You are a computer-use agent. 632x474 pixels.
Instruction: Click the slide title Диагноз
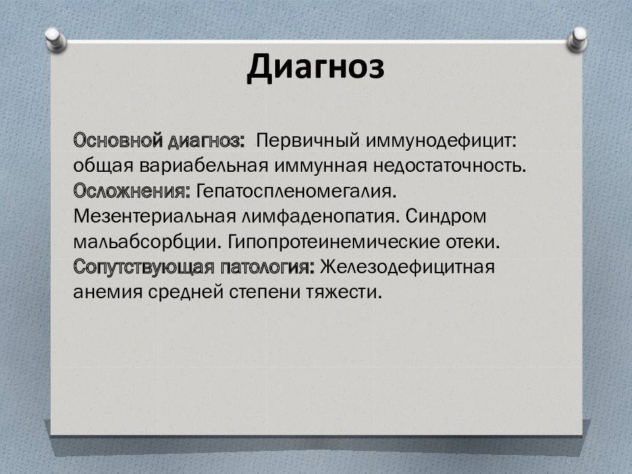pyautogui.click(x=315, y=67)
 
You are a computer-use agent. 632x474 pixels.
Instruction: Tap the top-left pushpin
pyautogui.click(x=55, y=39)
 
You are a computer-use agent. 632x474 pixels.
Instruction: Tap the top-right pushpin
pyautogui.click(x=577, y=39)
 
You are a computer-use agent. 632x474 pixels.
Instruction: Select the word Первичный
pyautogui.click(x=308, y=141)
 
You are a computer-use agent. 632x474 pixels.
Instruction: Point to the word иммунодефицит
pyautogui.click(x=441, y=142)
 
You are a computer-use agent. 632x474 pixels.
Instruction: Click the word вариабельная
pyautogui.click(x=204, y=166)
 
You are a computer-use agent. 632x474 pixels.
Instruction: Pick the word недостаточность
pyautogui.click(x=450, y=166)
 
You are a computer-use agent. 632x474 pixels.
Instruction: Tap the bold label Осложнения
pyautogui.click(x=132, y=191)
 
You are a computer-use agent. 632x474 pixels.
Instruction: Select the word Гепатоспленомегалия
pyautogui.click(x=296, y=191)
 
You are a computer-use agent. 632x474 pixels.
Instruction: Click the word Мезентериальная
pyautogui.click(x=154, y=217)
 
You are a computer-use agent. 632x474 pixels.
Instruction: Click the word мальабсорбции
pyautogui.click(x=147, y=242)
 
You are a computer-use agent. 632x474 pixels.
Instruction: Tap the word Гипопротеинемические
pyautogui.click(x=334, y=242)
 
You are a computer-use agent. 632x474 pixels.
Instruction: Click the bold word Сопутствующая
pyautogui.click(x=144, y=267)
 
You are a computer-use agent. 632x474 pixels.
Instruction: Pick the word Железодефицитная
pyautogui.click(x=408, y=267)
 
